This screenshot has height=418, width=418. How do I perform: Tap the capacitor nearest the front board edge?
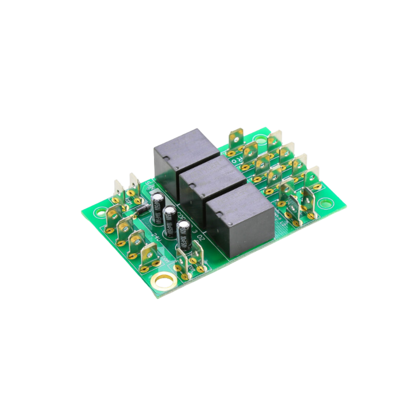tap(184, 237)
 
